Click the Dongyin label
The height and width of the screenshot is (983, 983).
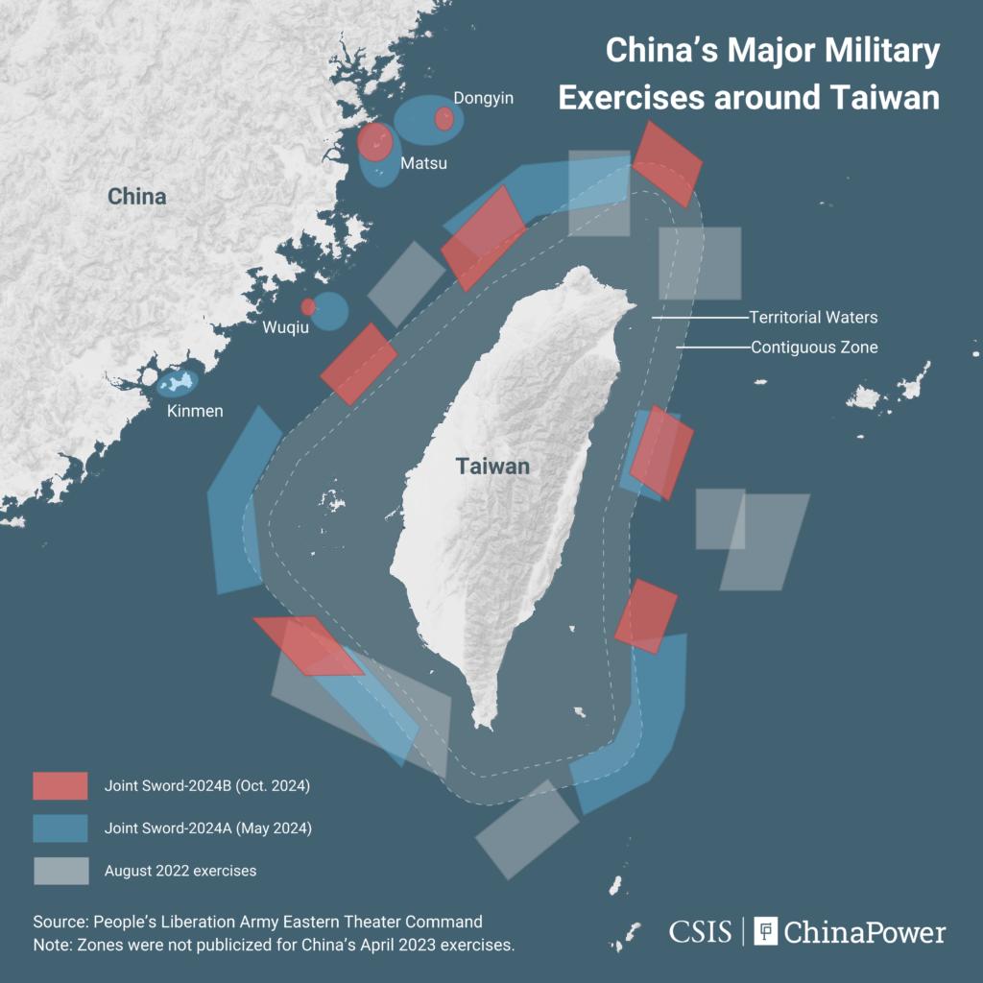[484, 98]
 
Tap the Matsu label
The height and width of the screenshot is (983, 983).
[423, 163]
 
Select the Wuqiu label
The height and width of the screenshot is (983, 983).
[286, 328]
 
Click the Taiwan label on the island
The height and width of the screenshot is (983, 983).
[492, 467]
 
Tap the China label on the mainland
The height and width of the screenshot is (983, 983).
[136, 197]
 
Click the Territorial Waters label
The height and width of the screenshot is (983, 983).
[813, 317]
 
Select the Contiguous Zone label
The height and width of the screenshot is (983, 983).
[814, 348]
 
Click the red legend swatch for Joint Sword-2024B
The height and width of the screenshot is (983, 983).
[60, 785]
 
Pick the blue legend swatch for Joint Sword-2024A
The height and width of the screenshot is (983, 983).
[60, 827]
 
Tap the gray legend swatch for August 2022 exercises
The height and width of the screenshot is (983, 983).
[60, 871]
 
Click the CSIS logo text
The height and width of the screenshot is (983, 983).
[700, 931]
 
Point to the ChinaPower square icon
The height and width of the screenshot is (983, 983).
[765, 931]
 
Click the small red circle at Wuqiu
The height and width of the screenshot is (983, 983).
[308, 307]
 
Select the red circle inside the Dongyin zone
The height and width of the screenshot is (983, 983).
[444, 119]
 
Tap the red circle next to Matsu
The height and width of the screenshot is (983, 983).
[374, 142]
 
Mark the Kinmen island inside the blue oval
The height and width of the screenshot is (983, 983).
[178, 383]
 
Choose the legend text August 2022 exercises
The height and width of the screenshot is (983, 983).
[180, 871]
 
